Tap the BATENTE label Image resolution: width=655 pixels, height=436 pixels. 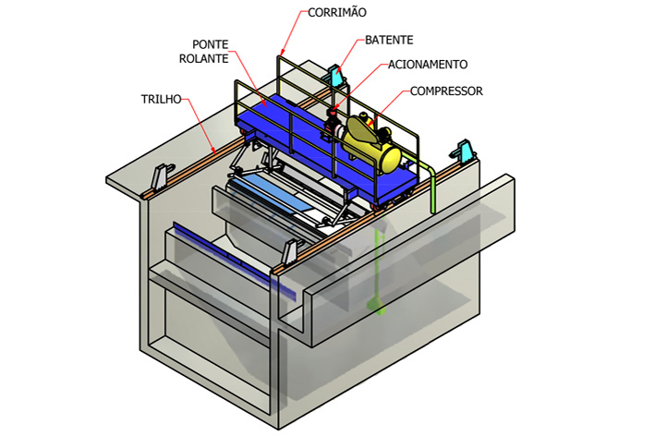[388, 41]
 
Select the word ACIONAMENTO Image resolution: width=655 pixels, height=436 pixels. [427, 65]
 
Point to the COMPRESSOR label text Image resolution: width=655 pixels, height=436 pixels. [447, 91]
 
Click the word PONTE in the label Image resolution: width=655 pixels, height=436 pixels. [211, 44]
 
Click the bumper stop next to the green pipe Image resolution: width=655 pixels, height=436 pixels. [465, 151]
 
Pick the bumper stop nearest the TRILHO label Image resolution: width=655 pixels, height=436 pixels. [164, 176]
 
